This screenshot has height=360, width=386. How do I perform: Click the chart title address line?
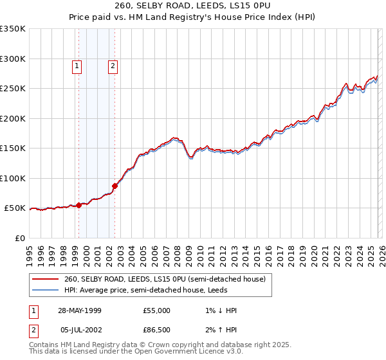193,6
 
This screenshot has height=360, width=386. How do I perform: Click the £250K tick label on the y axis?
13,89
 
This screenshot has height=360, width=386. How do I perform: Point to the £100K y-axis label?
13,178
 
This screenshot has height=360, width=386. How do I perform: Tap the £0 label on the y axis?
19,238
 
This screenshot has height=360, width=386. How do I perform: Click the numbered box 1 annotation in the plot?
77,65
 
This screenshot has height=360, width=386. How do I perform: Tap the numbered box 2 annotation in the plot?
113,65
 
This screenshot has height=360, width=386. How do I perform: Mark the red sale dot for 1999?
79,205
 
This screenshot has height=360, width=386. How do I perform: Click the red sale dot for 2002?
115,186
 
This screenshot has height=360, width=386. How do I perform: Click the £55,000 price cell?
157,310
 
